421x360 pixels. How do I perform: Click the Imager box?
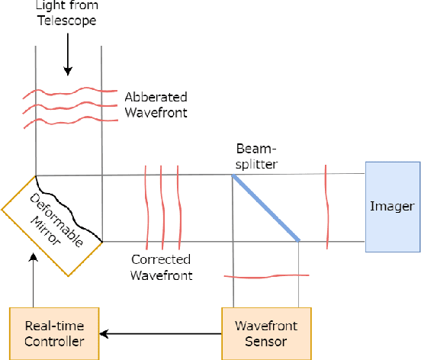click(392, 206)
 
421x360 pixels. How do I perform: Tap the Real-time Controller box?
click(54, 333)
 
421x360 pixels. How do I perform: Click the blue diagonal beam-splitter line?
click(265, 208)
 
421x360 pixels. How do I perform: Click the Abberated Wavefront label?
click(156, 104)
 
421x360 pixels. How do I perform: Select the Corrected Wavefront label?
click(160, 267)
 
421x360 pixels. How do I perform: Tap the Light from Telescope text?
click(68, 14)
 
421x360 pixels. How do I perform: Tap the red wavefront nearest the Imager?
click(326, 206)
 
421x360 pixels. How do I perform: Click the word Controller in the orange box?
click(54, 340)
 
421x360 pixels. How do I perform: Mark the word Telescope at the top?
click(68, 21)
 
